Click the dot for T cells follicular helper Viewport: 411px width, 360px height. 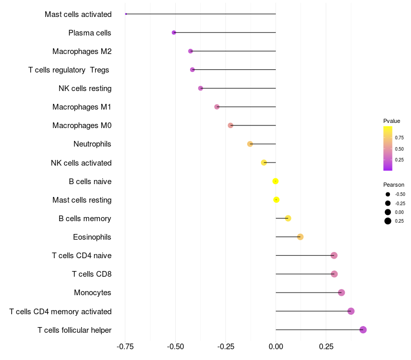pyautogui.click(x=363, y=330)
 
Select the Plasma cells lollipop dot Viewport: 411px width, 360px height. pyautogui.click(x=174, y=32)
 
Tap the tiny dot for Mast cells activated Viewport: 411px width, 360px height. pyautogui.click(x=126, y=14)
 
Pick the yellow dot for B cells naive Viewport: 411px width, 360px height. pyautogui.click(x=275, y=181)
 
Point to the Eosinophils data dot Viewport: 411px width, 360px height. pyautogui.click(x=301, y=237)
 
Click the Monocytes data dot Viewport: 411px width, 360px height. pyautogui.click(x=342, y=293)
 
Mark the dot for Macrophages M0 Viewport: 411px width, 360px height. pyautogui.click(x=231, y=125)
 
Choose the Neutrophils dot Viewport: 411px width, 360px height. pyautogui.click(x=250, y=144)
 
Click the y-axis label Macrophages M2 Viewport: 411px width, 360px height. pyautogui.click(x=82, y=51)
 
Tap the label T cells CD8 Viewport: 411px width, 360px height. pyautogui.click(x=91, y=274)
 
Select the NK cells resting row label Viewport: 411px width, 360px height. pyautogui.click(x=85, y=88)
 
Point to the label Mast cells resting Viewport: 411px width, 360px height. pyautogui.click(x=82, y=200)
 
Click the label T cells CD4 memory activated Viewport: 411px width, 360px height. pyautogui.click(x=60, y=311)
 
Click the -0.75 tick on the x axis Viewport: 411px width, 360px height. pyautogui.click(x=125, y=346)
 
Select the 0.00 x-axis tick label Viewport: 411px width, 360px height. pyautogui.click(x=276, y=346)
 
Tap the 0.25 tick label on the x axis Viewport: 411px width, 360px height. pyautogui.click(x=326, y=346)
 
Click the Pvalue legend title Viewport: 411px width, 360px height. pyautogui.click(x=391, y=121)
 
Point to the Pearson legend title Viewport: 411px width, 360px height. pyautogui.click(x=394, y=185)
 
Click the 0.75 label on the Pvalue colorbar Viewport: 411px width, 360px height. pyautogui.click(x=399, y=138)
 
